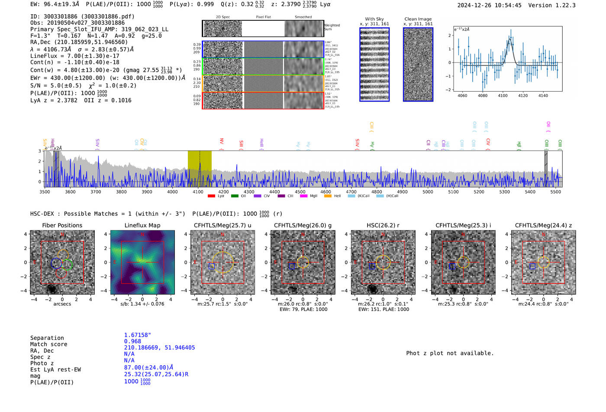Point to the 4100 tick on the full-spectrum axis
(x=198, y=192)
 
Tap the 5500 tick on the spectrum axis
(x=555, y=192)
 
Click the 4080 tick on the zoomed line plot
(x=482, y=96)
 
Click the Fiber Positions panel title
(x=62, y=225)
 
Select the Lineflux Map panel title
(x=142, y=225)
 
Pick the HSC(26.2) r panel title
(x=383, y=225)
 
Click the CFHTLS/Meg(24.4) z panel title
(x=543, y=225)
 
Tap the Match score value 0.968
(x=132, y=341)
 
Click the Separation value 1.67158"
(x=137, y=335)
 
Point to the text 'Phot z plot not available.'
(x=450, y=353)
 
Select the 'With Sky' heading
(x=374, y=19)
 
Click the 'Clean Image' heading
(x=418, y=19)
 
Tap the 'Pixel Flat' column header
(x=263, y=17)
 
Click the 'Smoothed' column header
(x=303, y=17)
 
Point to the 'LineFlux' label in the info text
(x=44, y=56)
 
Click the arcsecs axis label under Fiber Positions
(x=62, y=304)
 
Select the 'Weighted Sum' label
(x=332, y=27)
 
